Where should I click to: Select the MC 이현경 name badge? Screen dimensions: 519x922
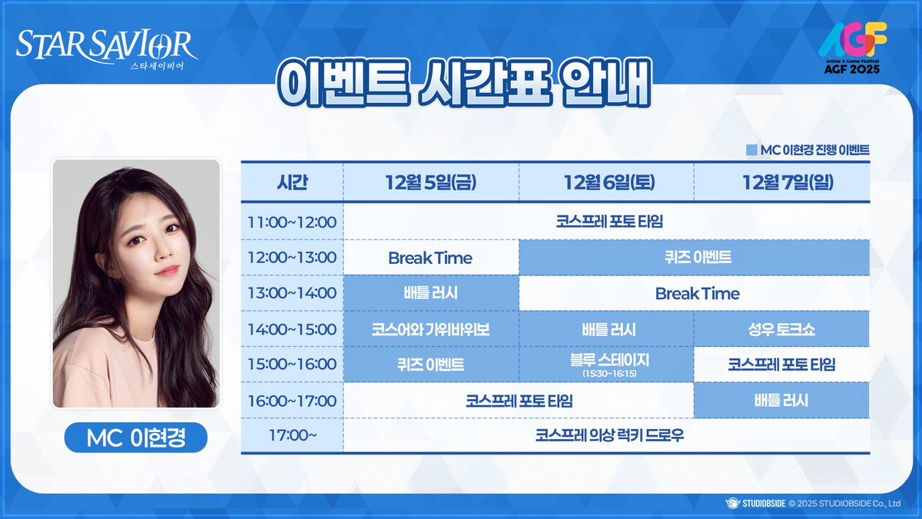coord(136,439)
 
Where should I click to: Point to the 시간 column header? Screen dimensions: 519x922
coord(292,183)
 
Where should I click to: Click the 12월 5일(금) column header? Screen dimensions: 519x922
coord(430,183)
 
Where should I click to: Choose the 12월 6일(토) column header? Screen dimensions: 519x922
coord(606,183)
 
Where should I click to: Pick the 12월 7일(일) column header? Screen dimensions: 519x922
coord(781,183)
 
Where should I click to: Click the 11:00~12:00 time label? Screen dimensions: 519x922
coord(292,222)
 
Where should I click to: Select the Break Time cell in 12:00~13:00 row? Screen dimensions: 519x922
coord(430,258)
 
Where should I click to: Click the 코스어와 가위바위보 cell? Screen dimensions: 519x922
coord(430,329)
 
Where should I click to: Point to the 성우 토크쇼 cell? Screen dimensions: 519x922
coord(781,329)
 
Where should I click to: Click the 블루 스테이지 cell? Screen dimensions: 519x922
coord(606,364)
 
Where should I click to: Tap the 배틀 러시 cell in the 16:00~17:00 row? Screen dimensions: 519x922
coord(781,401)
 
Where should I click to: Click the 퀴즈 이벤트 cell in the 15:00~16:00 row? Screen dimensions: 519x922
coord(430,364)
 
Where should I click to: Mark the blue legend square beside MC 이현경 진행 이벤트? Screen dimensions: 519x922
coord(751,150)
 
